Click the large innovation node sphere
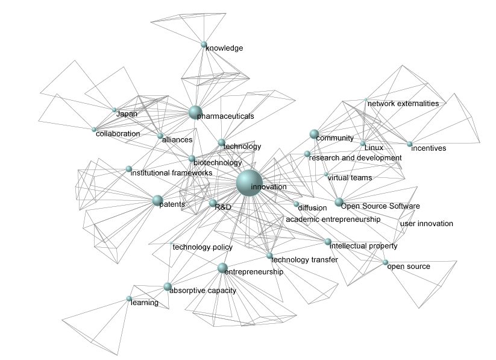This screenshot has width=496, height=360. [249, 183]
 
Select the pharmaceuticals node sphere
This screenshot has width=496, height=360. [194, 112]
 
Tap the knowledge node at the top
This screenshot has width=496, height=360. [204, 44]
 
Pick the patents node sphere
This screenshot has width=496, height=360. [157, 200]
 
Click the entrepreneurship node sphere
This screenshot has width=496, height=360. [222, 268]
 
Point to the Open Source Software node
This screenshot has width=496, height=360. [339, 202]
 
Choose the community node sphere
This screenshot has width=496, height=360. [313, 134]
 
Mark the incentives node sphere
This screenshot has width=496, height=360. [409, 144]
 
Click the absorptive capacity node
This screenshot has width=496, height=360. [167, 286]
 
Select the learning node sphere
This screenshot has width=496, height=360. [129, 298]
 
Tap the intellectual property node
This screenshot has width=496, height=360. [328, 242]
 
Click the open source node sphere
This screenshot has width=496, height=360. [385, 262]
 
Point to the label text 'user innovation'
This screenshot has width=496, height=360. [427, 224]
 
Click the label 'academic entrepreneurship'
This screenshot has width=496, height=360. [333, 219]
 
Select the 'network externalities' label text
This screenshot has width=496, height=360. [403, 104]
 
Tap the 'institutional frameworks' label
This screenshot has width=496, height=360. [171, 173]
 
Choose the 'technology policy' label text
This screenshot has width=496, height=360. [202, 247]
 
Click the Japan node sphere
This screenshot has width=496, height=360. [114, 110]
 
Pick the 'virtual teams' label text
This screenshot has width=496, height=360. [350, 178]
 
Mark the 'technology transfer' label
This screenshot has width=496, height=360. [304, 260]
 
